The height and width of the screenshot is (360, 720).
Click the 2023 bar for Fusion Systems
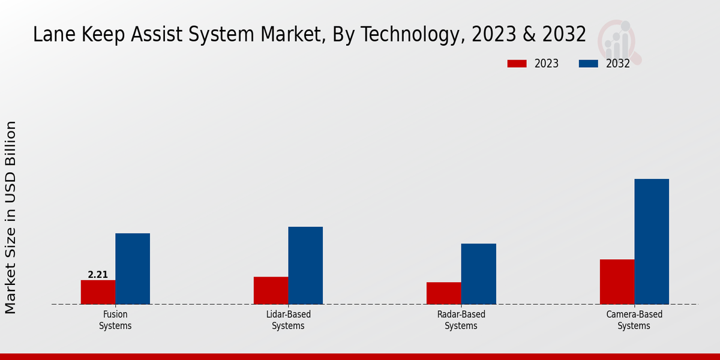[98, 292]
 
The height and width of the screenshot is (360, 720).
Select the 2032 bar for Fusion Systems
[133, 269]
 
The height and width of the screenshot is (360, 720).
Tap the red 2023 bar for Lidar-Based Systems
[271, 290]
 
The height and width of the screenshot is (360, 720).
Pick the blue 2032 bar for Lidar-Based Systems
[305, 265]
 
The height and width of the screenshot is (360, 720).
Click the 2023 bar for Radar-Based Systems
[444, 293]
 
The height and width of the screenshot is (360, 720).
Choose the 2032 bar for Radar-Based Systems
[479, 274]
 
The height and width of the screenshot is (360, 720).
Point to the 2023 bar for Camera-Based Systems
[617, 282]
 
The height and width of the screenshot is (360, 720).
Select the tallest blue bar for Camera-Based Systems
[652, 241]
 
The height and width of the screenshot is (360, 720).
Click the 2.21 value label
[98, 275]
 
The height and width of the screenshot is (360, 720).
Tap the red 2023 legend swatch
[517, 64]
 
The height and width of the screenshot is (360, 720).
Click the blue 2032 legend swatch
[589, 64]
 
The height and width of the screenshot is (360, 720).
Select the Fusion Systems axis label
[115, 320]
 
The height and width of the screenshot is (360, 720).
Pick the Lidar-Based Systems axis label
[288, 320]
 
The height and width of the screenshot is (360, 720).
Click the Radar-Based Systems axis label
[461, 320]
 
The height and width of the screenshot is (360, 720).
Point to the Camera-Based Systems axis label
[634, 320]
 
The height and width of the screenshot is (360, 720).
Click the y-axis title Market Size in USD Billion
[11, 217]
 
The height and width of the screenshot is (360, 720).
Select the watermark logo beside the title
[620, 41]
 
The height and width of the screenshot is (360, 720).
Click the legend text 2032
[618, 64]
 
